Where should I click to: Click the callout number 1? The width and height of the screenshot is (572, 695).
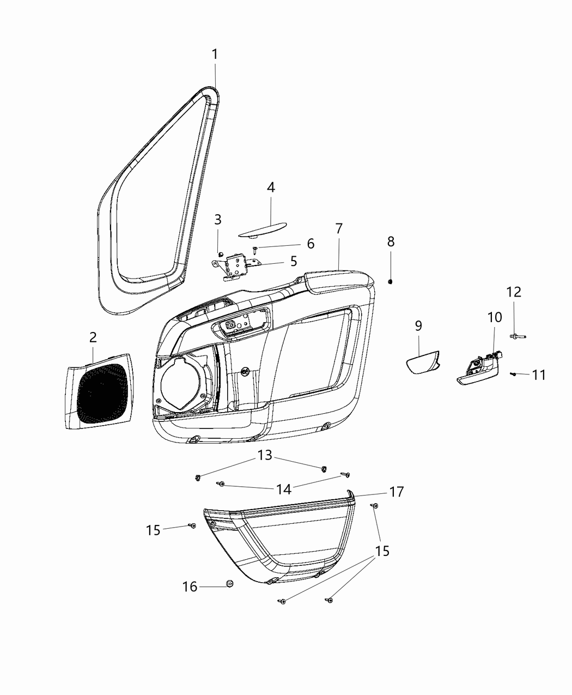(x=215, y=55)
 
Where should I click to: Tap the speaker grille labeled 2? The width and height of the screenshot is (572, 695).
(x=100, y=391)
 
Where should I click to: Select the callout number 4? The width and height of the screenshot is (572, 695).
(x=271, y=188)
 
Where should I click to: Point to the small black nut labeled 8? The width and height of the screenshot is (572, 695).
(x=390, y=282)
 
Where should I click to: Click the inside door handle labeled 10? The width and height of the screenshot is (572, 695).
(x=479, y=369)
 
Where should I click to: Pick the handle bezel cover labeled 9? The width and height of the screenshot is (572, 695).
(x=423, y=362)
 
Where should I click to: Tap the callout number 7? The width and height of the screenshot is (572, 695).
(x=339, y=229)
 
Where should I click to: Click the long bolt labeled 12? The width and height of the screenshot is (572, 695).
(x=518, y=336)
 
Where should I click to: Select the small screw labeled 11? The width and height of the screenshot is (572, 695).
(x=513, y=374)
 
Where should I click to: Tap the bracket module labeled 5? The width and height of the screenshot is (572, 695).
(x=236, y=266)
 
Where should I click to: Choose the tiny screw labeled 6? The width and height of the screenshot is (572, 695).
(x=255, y=249)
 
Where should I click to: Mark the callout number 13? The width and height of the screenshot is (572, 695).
(x=265, y=455)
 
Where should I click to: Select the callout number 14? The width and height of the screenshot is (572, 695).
(x=284, y=489)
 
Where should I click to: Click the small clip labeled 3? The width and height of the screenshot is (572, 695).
(x=220, y=255)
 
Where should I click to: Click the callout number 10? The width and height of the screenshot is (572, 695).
(x=495, y=317)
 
